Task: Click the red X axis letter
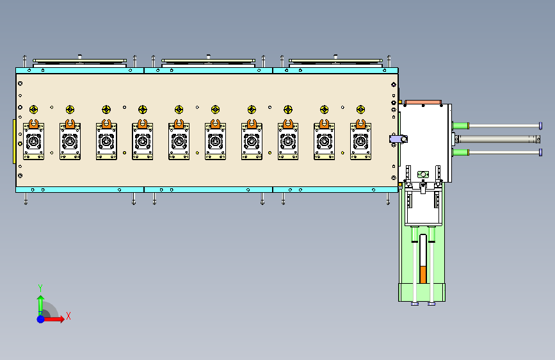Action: click(68, 316)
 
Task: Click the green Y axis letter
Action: click(40, 288)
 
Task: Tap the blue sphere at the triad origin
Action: click(41, 319)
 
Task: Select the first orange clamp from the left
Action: click(34, 124)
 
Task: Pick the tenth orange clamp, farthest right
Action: click(360, 124)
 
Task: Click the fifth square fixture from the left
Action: click(179, 142)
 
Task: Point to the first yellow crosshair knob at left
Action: click(34, 110)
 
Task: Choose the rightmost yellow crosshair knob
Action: click(360, 110)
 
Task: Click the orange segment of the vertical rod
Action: click(422, 275)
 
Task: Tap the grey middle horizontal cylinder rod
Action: click(497, 139)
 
